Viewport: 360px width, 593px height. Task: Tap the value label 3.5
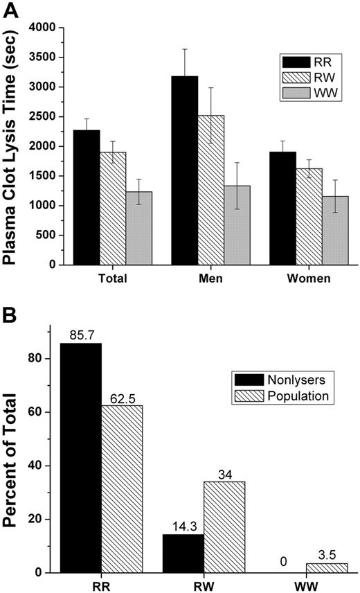[x=327, y=556]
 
